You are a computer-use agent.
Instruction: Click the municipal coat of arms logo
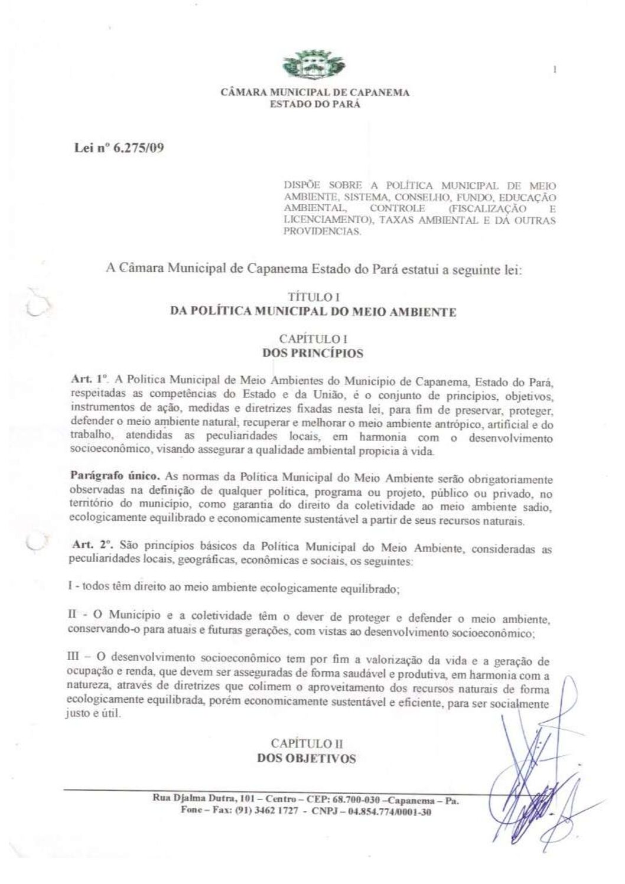314,64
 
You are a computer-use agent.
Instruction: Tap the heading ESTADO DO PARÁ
314,104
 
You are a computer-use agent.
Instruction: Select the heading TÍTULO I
312,298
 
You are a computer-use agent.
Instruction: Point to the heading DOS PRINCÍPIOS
312,354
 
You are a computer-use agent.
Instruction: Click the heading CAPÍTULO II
307,743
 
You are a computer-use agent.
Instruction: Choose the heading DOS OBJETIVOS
307,758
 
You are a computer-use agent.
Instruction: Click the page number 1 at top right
555,70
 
